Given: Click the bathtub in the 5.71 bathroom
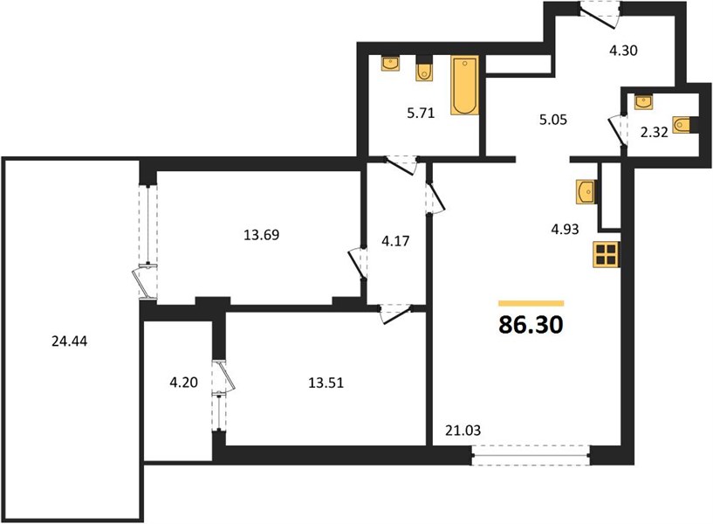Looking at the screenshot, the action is pos(465,85).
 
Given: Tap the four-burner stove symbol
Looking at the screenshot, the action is pos(607,254).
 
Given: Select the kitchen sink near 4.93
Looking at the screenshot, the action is pos(586,191).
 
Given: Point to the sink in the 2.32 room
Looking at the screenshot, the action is pos(643,101).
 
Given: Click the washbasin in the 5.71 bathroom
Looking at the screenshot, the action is pos(390,64).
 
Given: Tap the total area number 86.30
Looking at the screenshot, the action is pos(531,325).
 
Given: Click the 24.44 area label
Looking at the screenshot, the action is pos(69,341).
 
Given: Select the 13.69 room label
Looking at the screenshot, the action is pos(262,235).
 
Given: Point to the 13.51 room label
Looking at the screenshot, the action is pos(326,383).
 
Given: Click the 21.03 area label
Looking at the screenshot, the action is pos(463,430).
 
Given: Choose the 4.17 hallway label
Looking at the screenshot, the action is pos(395,241).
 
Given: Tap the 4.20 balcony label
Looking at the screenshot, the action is pos(184,383).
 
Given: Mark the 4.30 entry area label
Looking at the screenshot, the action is pos(623,50).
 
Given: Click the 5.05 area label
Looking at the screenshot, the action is pos(553,120).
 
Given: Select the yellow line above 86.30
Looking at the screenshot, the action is pos(531,303).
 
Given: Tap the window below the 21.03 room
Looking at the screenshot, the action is pos(531,455).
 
